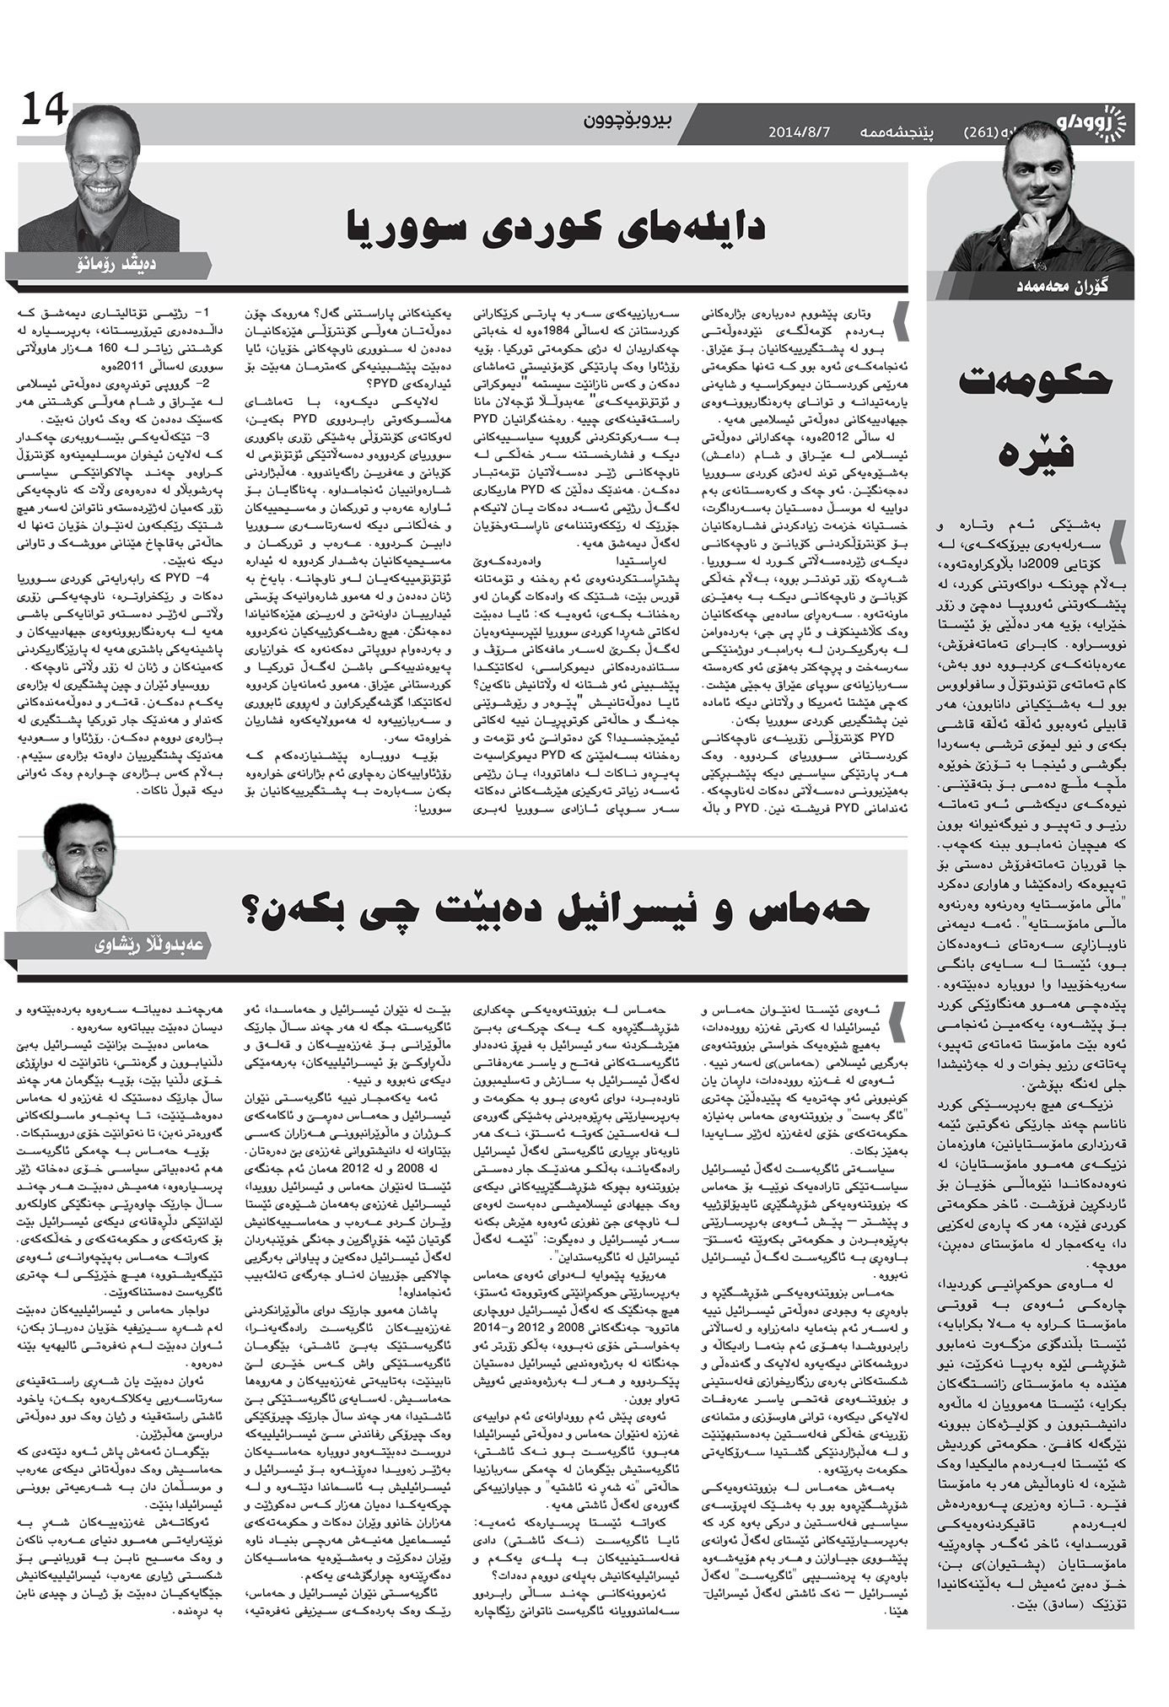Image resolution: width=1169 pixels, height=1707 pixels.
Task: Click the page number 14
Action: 44,109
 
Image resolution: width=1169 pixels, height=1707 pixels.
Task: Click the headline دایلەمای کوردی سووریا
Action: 557,228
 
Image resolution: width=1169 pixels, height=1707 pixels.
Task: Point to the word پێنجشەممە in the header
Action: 892,132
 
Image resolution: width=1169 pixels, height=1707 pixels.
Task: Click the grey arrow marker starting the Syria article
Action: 903,320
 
